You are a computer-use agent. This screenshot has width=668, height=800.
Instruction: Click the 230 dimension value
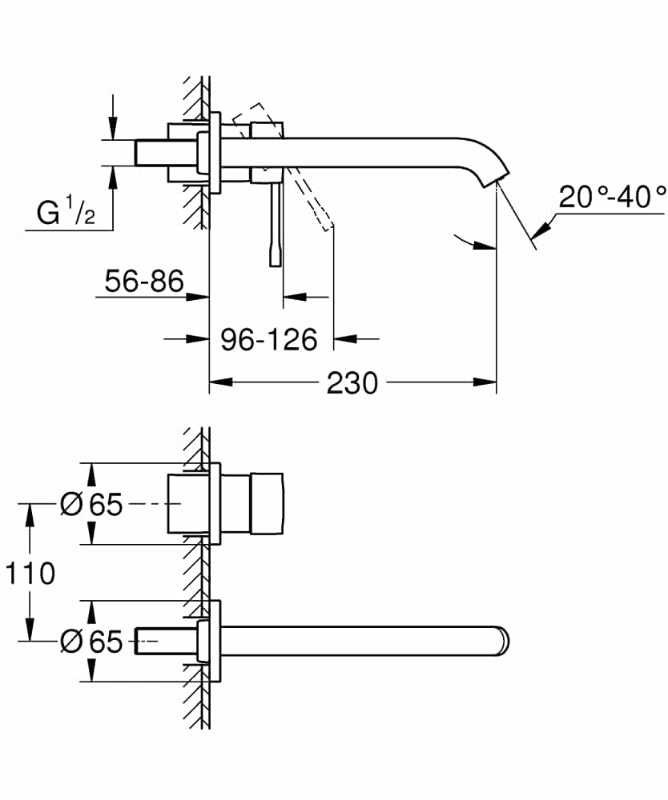point(352,383)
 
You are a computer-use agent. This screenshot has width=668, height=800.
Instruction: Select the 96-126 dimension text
point(268,339)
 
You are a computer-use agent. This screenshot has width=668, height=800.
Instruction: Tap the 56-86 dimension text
point(144,282)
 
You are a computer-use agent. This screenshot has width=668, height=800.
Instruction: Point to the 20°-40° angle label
point(612,197)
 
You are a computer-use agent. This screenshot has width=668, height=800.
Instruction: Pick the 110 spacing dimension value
point(30,573)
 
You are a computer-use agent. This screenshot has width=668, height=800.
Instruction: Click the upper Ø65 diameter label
point(91,505)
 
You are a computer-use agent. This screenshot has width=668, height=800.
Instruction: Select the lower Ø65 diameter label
point(91,641)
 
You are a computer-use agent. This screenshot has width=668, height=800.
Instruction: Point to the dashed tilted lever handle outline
point(316,200)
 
